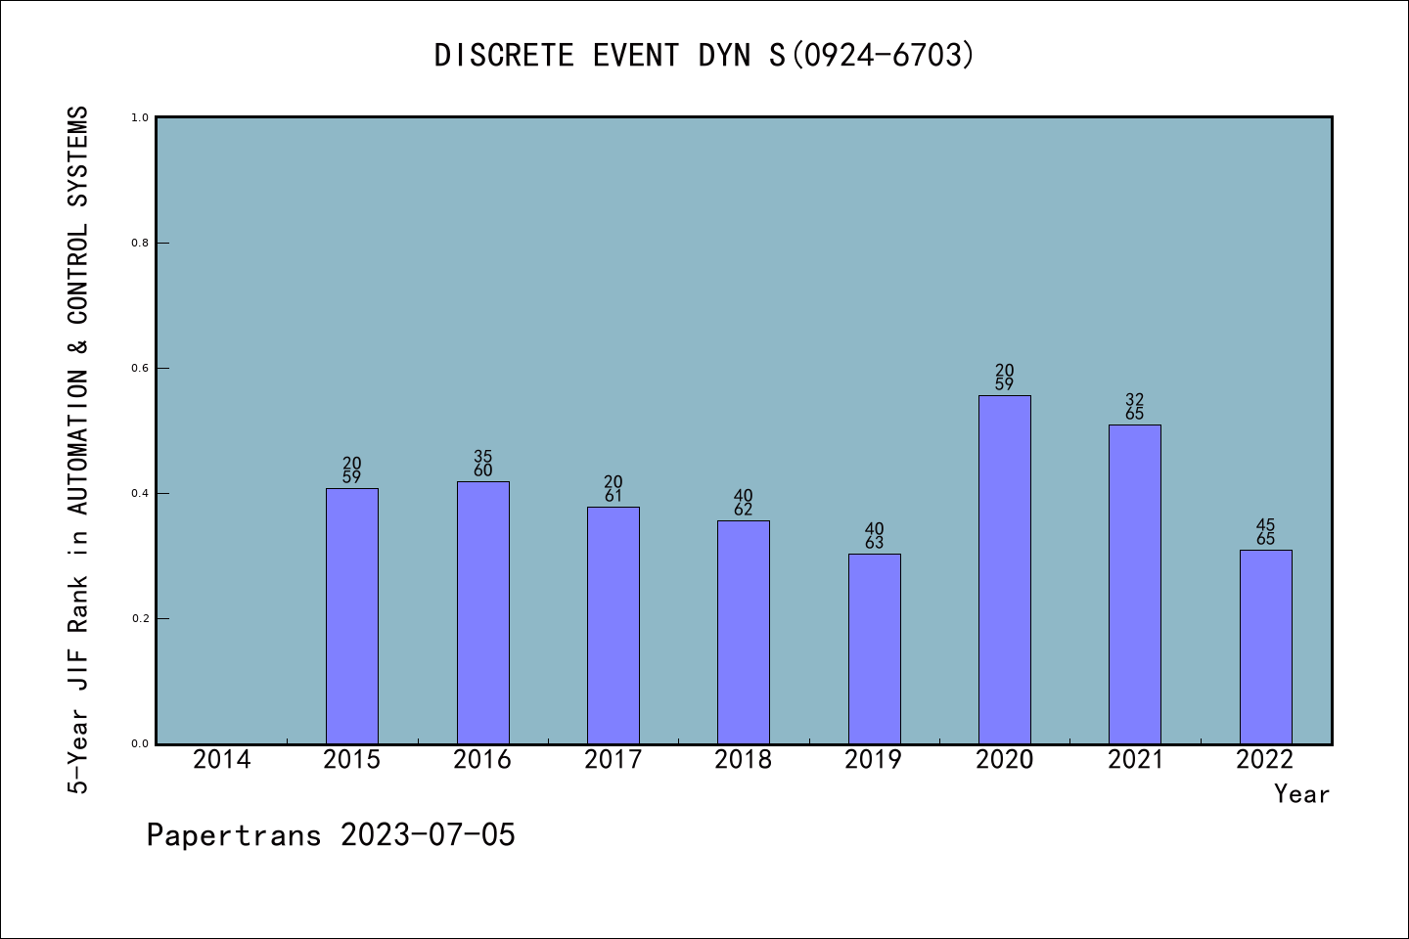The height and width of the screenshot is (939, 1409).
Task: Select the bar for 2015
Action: tap(352, 616)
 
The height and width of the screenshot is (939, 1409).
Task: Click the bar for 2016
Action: tap(482, 612)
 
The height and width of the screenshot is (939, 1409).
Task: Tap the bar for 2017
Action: tap(613, 625)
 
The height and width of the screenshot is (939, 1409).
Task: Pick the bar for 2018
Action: tap(744, 632)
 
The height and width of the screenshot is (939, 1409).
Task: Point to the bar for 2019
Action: tap(874, 648)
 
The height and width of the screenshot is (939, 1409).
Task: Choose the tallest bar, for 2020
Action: tap(1005, 569)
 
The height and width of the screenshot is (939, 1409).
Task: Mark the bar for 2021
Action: tap(1135, 584)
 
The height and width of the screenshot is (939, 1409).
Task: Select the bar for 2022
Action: tap(1265, 647)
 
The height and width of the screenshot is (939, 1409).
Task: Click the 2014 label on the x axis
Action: tap(222, 760)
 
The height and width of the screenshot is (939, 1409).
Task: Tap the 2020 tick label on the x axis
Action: tap(1005, 760)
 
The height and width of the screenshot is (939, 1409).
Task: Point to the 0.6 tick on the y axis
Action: tap(140, 368)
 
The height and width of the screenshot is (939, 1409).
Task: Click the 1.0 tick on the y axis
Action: tap(140, 117)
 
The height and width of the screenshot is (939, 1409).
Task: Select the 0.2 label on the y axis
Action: tap(140, 618)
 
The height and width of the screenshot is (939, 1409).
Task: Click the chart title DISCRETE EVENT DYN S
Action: tap(704, 55)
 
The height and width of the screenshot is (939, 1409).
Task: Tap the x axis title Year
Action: tap(1301, 794)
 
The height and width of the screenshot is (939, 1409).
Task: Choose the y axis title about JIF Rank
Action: tap(78, 450)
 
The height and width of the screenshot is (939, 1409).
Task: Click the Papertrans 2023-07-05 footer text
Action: tap(331, 835)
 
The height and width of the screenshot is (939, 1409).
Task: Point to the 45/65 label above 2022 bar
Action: tap(1265, 532)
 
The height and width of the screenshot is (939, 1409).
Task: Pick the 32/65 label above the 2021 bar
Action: tap(1135, 407)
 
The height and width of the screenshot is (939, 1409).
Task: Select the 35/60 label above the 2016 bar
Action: tap(482, 464)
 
